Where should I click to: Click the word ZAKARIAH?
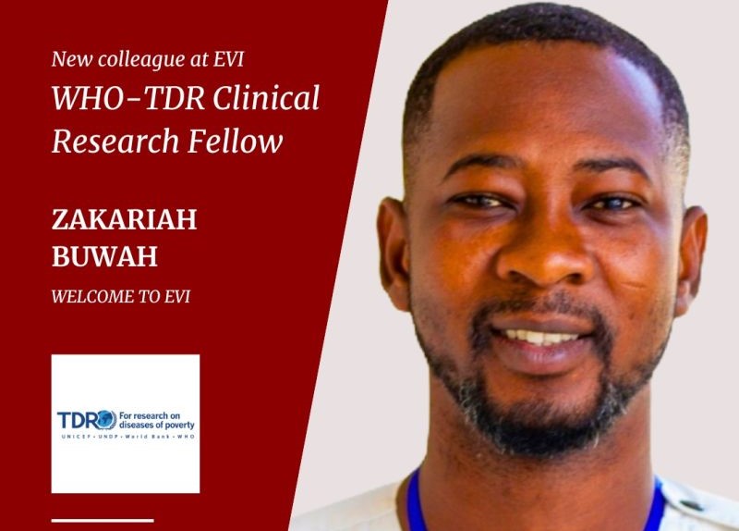[x=124, y=219]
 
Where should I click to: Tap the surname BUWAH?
[x=104, y=256]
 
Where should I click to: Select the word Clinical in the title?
[x=266, y=98]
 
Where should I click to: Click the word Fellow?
[x=236, y=141]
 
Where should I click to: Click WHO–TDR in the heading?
[x=128, y=98]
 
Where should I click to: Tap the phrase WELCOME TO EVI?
[x=121, y=296]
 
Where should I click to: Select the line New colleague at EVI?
[x=148, y=59]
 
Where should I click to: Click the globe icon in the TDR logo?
[x=106, y=420]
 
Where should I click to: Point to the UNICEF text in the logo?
[x=71, y=437]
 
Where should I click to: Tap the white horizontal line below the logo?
[x=103, y=521]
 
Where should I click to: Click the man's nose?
[x=542, y=257]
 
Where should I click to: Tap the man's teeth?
[x=540, y=337]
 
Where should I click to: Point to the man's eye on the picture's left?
[x=480, y=202]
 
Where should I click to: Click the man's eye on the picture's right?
[x=612, y=204]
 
